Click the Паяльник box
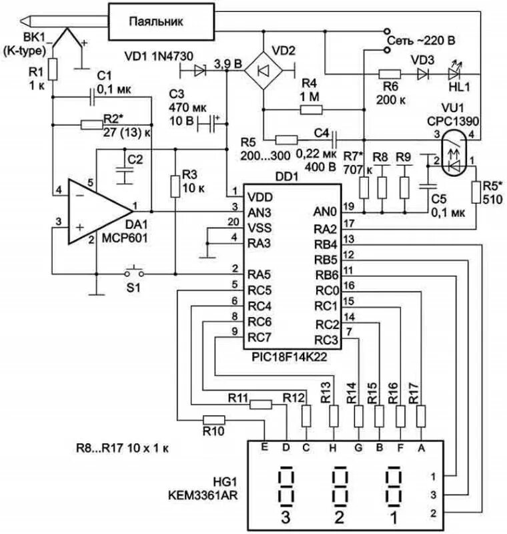coord(161,21)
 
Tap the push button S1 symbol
coord(133,272)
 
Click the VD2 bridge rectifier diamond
coord(264,71)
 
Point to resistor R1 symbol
coord(53,69)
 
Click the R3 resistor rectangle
coord(175,186)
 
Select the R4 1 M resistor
coord(312,109)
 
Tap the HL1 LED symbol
coord(454,73)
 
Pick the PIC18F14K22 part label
coord(290,356)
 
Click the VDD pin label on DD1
coord(260,197)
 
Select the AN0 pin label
coord(325,212)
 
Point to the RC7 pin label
coord(260,338)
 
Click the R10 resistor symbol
coord(213,420)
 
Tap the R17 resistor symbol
coord(421,416)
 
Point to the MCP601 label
coord(125,238)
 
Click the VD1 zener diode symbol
coord(199,71)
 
